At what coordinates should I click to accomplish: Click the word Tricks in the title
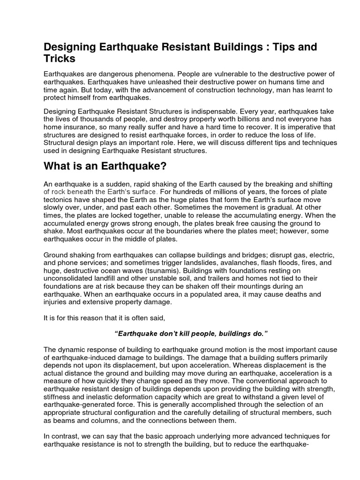[x=60, y=59]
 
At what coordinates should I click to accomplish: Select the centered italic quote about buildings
[x=191, y=333]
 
